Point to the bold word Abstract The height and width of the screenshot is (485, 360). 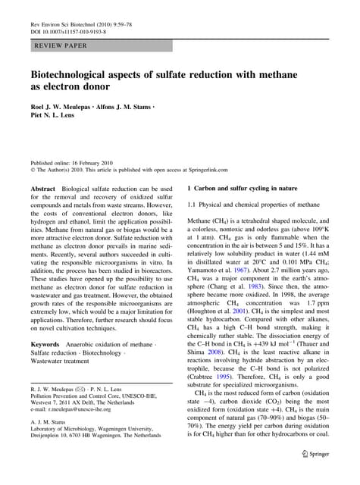tap(42, 186)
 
